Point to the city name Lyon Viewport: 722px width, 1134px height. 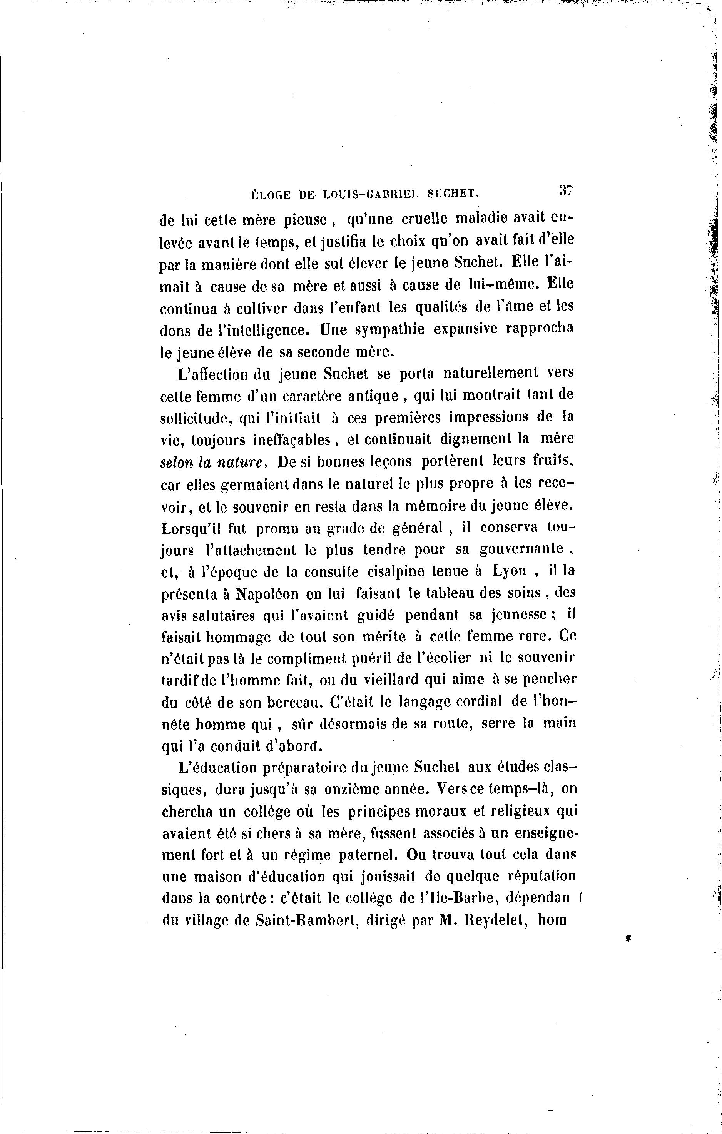pyautogui.click(x=509, y=571)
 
